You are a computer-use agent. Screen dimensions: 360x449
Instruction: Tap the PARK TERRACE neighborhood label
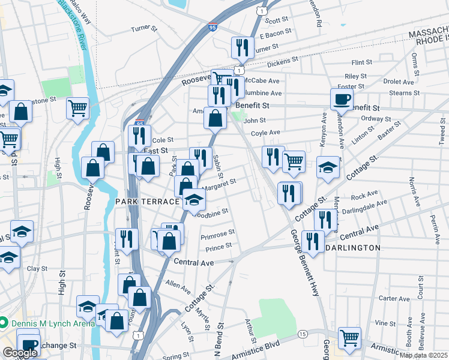point(147,202)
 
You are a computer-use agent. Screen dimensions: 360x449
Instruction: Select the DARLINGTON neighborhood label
point(353,247)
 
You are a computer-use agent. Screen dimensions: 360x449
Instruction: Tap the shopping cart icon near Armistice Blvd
point(349,337)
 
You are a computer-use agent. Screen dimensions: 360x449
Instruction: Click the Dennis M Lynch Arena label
point(51,323)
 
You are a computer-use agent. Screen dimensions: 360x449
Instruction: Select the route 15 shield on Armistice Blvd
point(303,334)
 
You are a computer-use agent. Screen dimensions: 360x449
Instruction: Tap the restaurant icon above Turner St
point(243,47)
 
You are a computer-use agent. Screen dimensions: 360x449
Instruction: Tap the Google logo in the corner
point(20,353)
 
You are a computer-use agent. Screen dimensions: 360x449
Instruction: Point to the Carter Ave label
point(394,298)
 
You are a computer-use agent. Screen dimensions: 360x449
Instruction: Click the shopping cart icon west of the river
point(78,109)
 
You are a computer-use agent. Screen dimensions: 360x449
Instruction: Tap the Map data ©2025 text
point(423,355)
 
